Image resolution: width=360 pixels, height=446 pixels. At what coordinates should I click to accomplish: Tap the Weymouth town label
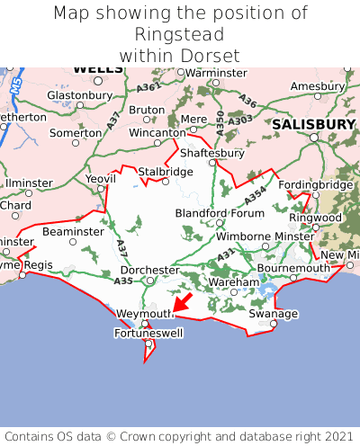point(145,313)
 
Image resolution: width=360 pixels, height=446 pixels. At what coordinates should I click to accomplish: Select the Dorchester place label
point(150,270)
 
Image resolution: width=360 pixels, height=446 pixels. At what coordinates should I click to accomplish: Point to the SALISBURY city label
point(315,123)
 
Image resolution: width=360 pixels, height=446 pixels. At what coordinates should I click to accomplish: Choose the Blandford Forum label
point(220,212)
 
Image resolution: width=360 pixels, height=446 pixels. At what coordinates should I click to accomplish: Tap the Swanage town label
point(273,314)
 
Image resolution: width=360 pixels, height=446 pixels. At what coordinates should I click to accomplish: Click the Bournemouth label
point(294,268)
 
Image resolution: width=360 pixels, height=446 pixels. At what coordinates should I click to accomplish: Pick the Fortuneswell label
point(148,333)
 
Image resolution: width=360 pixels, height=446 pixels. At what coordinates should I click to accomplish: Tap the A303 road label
point(240,120)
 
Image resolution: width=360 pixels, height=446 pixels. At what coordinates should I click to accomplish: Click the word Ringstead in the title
point(180,34)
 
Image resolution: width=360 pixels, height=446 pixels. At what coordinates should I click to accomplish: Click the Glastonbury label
point(78,95)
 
